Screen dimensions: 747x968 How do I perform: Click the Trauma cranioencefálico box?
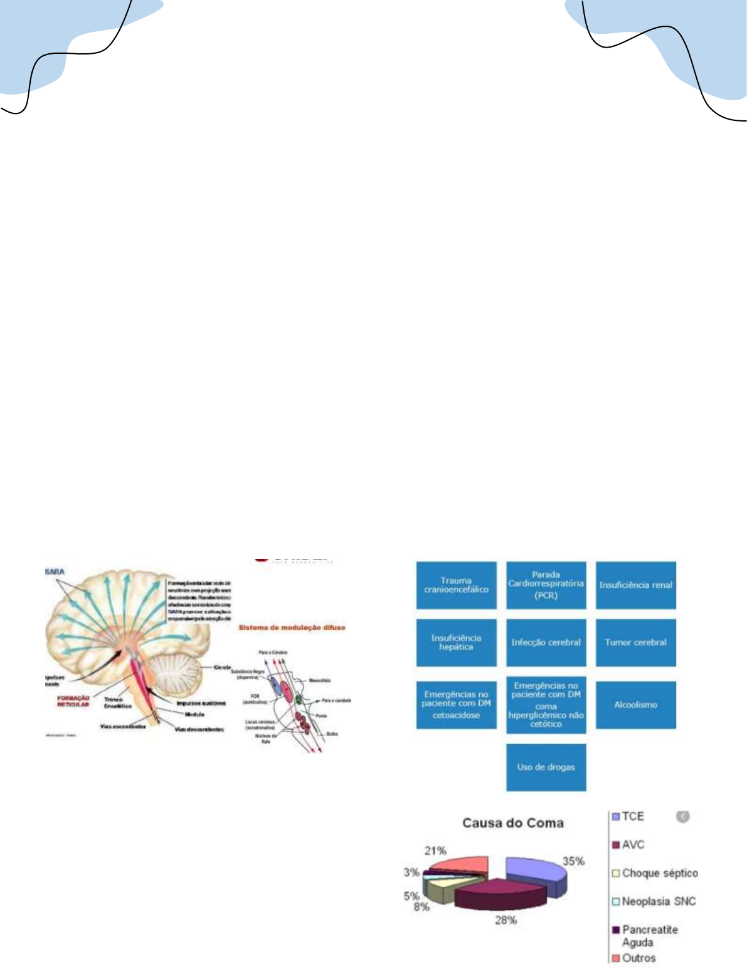click(x=456, y=585)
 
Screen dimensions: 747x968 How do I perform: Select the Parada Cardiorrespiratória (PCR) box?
click(x=546, y=585)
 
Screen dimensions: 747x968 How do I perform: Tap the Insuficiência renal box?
click(x=635, y=585)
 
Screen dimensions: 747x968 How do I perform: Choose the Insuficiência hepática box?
click(x=456, y=643)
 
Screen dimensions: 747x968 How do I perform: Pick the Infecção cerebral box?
click(x=546, y=643)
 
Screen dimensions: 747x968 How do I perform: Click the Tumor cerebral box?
click(x=635, y=643)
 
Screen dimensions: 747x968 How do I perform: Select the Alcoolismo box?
click(x=635, y=705)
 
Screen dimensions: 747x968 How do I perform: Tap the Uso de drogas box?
click(x=546, y=767)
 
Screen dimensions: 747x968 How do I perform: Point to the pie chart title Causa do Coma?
click(x=513, y=823)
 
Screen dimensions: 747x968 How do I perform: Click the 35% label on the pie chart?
click(x=573, y=861)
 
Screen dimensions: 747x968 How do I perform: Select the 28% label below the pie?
click(x=506, y=920)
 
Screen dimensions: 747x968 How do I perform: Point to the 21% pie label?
click(x=435, y=850)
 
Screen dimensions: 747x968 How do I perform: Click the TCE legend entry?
click(x=632, y=816)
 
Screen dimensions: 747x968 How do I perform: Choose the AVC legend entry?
click(x=632, y=845)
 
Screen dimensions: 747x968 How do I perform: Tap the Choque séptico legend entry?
click(x=659, y=873)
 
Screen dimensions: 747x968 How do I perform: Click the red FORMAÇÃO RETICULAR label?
click(x=73, y=700)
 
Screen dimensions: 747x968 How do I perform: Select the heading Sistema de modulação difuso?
click(x=292, y=627)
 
